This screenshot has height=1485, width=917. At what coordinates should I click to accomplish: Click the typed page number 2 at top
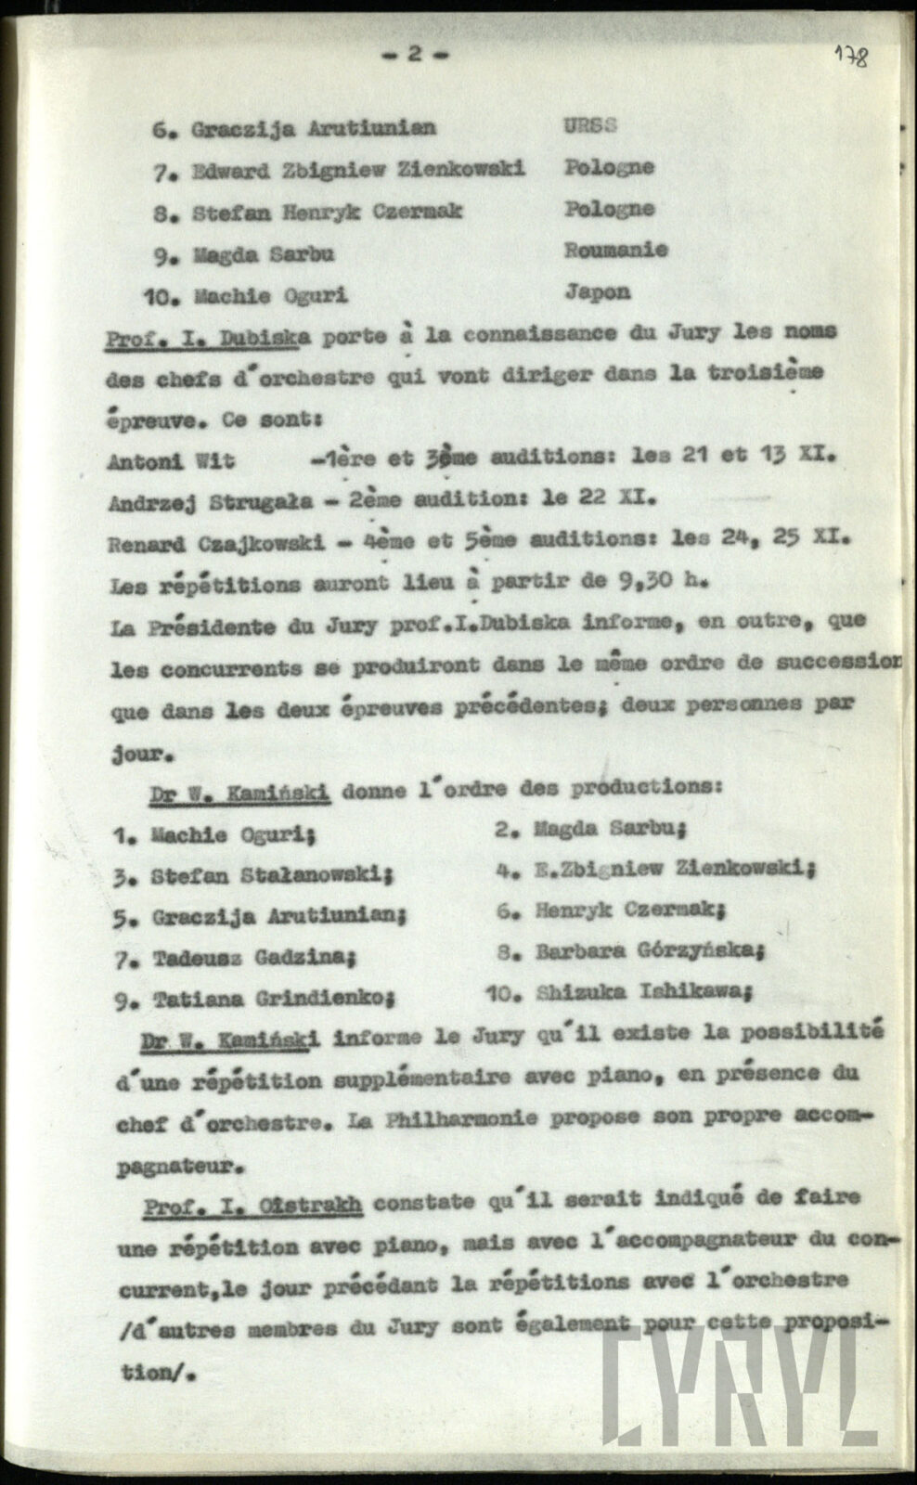415,54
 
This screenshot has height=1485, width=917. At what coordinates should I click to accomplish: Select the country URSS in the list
589,126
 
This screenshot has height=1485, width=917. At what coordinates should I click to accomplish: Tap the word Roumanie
615,250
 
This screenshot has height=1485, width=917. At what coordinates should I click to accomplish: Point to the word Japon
597,291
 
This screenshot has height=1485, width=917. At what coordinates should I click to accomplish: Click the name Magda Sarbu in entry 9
264,253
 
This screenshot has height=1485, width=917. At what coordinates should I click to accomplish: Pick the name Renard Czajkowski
216,542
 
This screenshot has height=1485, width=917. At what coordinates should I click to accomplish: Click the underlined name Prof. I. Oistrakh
252,1206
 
